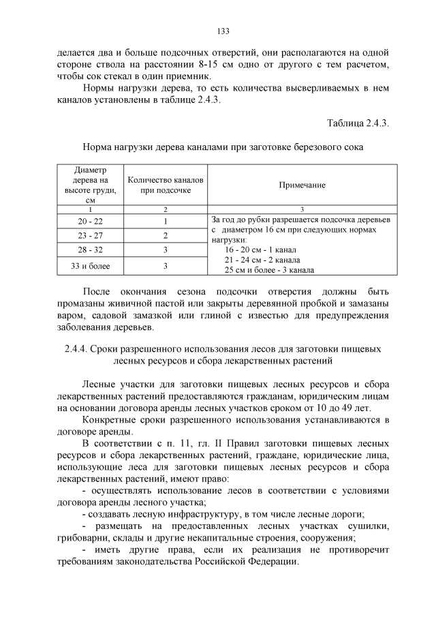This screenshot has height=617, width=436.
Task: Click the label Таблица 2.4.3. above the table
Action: pos(358,123)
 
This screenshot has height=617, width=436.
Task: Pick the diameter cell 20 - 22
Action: pos(90,222)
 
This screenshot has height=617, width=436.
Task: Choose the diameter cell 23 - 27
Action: pos(90,235)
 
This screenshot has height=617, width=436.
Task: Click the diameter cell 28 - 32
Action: pos(90,250)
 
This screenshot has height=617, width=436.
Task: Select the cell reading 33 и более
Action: pos(90,265)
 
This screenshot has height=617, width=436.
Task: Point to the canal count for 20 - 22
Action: pos(166,222)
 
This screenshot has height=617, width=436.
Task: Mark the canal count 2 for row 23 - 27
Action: pos(166,235)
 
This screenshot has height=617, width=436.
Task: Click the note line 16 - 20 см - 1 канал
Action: pos(260,250)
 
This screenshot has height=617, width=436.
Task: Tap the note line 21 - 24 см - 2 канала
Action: pos(262,260)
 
